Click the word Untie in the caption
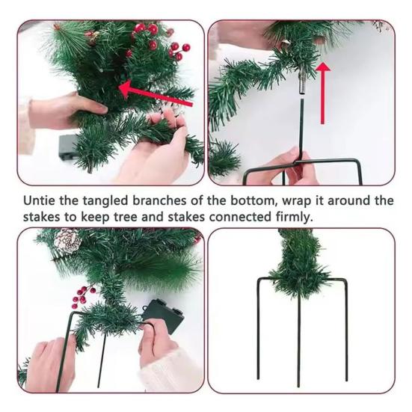(40, 200)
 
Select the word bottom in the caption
(252, 200)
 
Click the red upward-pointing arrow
(323, 93)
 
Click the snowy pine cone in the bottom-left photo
(67, 241)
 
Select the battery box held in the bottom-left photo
(163, 316)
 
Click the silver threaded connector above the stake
(301, 85)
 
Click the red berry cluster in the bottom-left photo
(83, 295)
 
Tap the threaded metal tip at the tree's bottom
(90, 169)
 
